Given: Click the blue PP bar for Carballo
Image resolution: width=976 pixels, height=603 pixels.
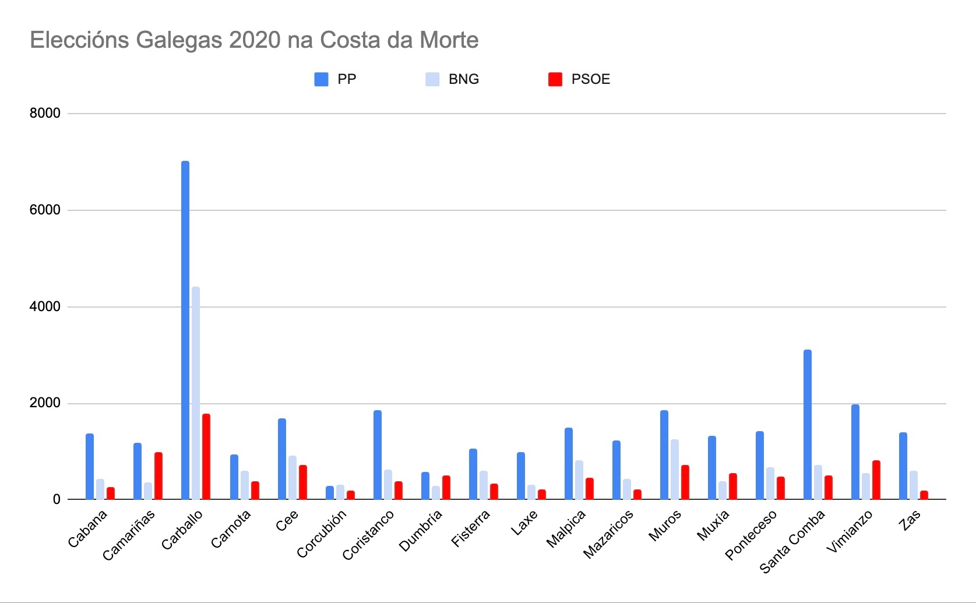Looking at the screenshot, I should point(185,330).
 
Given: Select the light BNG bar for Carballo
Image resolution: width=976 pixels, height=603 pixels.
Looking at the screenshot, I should point(196,393).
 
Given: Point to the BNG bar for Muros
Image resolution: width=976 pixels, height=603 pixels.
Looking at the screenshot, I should point(675,469).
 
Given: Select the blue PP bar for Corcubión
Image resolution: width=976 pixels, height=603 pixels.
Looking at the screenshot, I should point(330,493).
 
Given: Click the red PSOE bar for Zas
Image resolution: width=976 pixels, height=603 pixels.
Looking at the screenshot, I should point(924,495).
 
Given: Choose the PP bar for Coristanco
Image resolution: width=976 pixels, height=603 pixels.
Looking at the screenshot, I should point(378,454).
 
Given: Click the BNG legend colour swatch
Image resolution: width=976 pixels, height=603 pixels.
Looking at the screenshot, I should point(432,79).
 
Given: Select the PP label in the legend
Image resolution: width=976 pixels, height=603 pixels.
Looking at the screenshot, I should point(347,79).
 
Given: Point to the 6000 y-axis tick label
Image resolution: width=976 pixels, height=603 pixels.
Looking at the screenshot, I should point(45,210).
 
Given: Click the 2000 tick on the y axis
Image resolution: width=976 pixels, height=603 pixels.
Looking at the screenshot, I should point(45,403).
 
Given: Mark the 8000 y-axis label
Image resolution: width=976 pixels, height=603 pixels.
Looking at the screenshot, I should point(45,113).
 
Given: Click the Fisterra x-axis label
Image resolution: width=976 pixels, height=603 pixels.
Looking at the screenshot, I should point(471,528).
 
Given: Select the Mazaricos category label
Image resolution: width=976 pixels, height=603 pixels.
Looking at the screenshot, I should point(608,534).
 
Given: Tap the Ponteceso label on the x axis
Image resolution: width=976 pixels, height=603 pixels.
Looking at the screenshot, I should point(751,534).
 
